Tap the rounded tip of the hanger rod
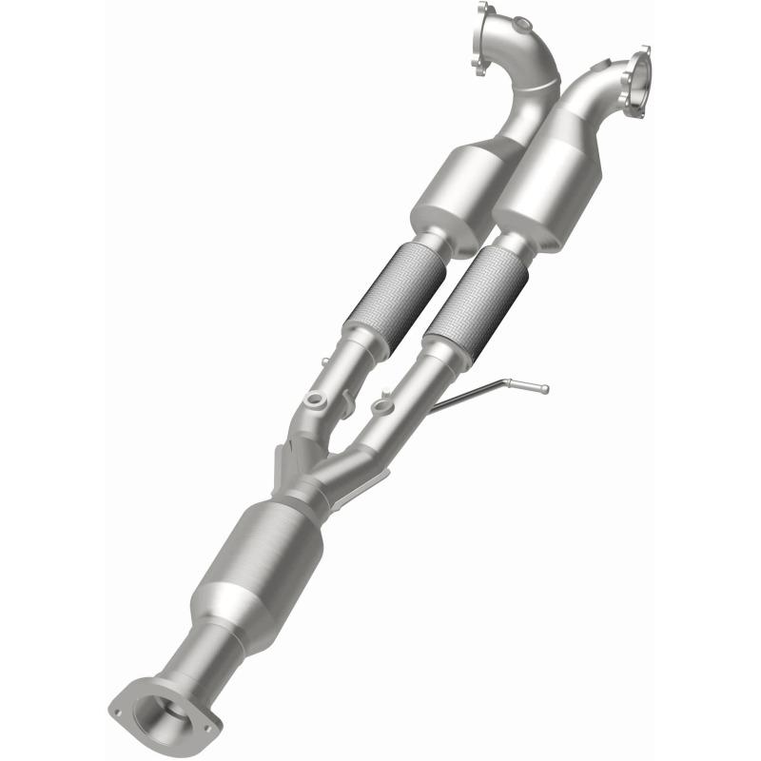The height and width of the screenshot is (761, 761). click(x=543, y=388)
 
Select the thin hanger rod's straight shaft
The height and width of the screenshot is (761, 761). click(x=471, y=393)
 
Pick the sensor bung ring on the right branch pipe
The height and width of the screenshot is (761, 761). click(x=382, y=407)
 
